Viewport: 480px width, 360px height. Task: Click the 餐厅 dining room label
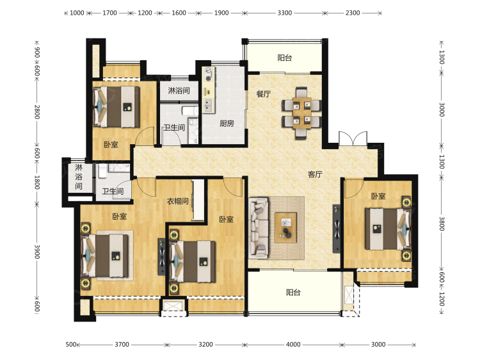(x=263, y=94)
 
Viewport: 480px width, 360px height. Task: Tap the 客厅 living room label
(x=315, y=174)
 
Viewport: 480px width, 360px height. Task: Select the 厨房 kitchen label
(x=227, y=124)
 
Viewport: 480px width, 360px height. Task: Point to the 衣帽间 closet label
(x=177, y=201)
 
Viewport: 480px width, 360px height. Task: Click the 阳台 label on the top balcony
(x=285, y=58)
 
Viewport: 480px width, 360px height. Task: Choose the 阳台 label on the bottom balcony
(x=293, y=292)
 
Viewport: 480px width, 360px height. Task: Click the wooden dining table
(x=302, y=113)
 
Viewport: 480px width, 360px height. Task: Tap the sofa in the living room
(x=259, y=227)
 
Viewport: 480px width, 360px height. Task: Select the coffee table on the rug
(x=286, y=227)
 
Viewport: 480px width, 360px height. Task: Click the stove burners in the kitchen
(x=209, y=74)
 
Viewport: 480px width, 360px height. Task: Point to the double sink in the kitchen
(x=208, y=106)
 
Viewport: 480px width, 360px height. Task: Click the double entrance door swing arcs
(x=353, y=138)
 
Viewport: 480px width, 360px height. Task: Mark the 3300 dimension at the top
(x=285, y=13)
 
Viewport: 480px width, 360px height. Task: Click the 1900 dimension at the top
(x=221, y=13)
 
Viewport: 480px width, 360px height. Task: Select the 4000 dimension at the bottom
(x=293, y=345)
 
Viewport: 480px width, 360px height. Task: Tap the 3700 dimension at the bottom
(x=122, y=345)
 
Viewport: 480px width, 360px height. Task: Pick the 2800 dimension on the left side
(x=36, y=112)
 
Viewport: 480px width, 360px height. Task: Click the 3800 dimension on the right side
(x=442, y=224)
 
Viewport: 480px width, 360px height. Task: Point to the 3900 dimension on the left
(x=36, y=252)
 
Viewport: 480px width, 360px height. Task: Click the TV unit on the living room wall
(x=337, y=229)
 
